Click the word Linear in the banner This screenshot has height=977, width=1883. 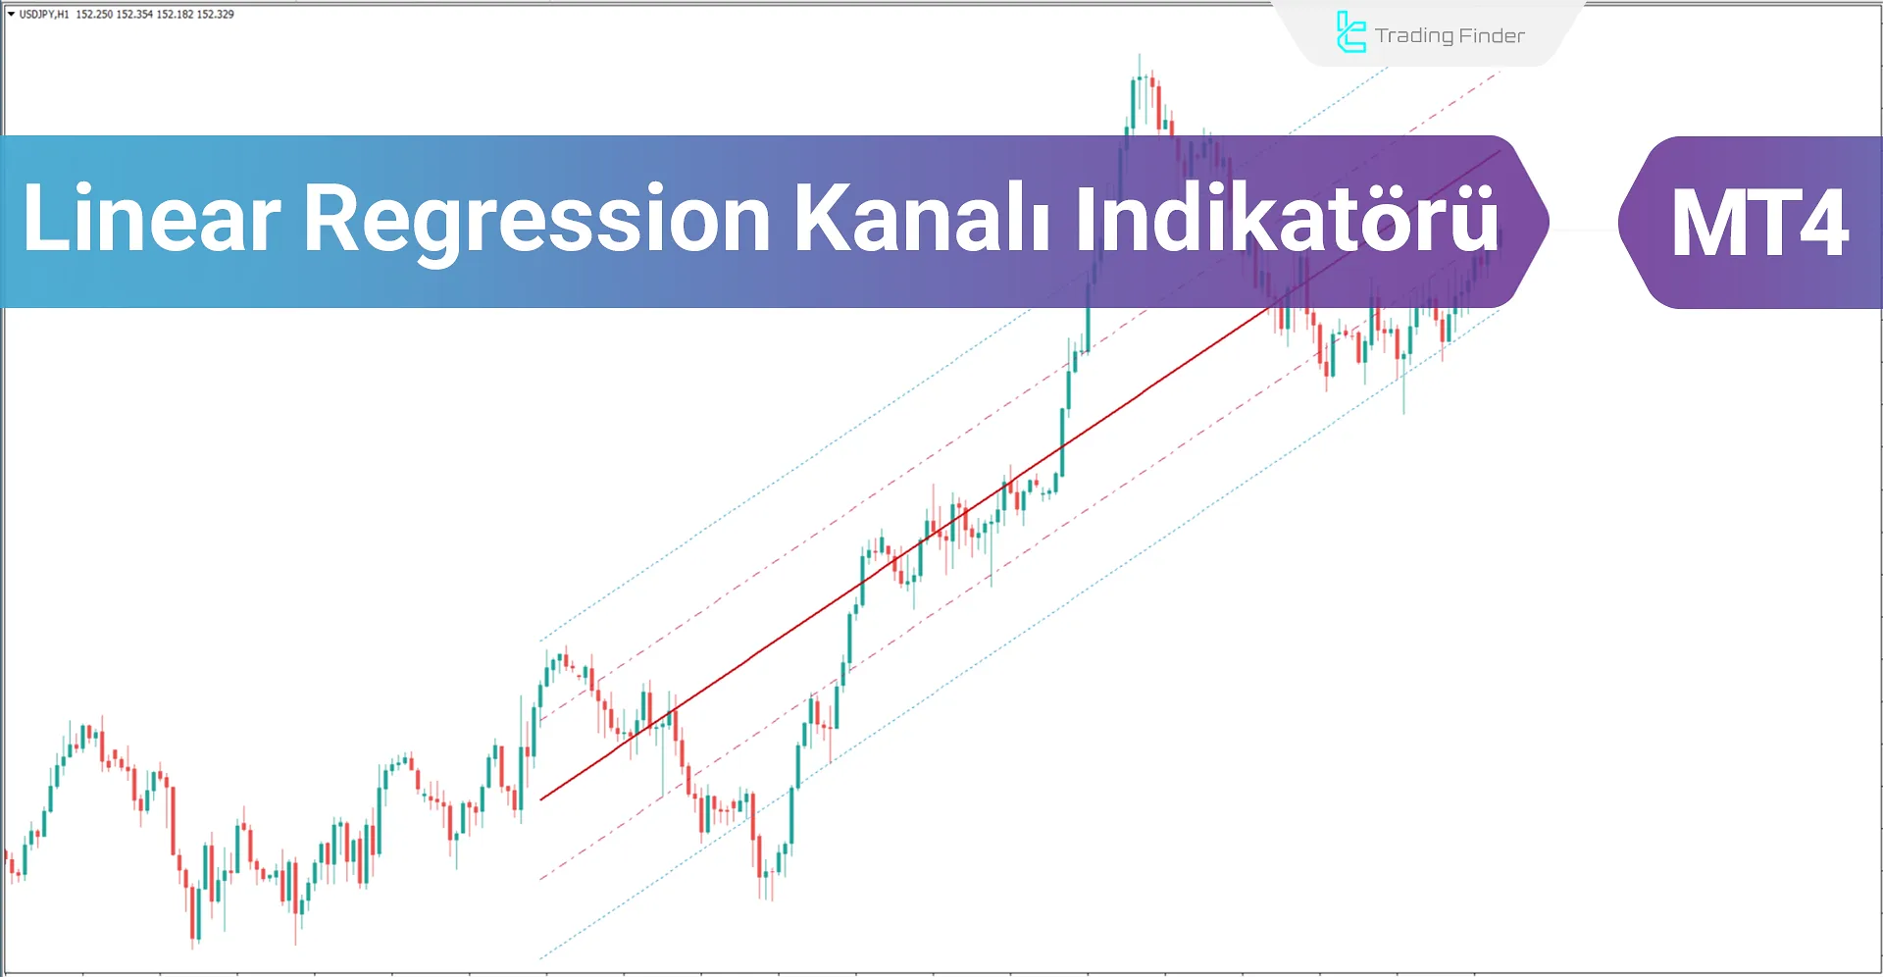pyautogui.click(x=151, y=219)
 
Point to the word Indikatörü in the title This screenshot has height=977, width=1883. pyautogui.click(x=1288, y=219)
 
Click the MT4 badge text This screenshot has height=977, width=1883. pyautogui.click(x=1759, y=224)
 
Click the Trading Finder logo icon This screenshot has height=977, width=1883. pyautogui.click(x=1350, y=32)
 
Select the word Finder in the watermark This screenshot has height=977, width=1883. pyautogui.click(x=1492, y=36)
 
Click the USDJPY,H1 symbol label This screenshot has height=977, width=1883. pyautogui.click(x=44, y=15)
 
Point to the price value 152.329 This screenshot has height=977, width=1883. pyautogui.click(x=215, y=15)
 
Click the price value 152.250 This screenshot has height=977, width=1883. pyautogui.click(x=94, y=15)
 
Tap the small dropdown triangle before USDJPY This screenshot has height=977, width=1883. pyautogui.click(x=11, y=15)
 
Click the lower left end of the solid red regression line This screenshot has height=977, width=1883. pyautogui.click(x=541, y=798)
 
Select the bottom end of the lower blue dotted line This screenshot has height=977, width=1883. pyautogui.click(x=541, y=957)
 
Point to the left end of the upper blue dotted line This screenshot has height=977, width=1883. pyautogui.click(x=541, y=641)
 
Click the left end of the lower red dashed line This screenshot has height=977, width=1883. pyautogui.click(x=541, y=878)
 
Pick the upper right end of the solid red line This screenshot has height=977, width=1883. pyautogui.click(x=1499, y=152)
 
